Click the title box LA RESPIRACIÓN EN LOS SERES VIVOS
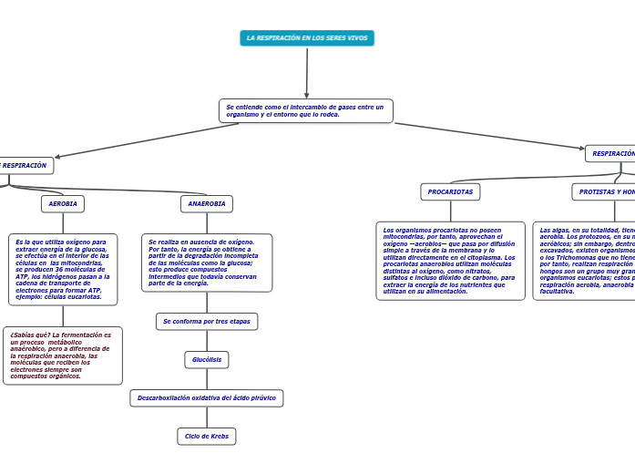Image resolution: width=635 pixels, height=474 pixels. pyautogui.click(x=307, y=38)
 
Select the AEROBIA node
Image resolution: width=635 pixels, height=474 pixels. pyautogui.click(x=63, y=203)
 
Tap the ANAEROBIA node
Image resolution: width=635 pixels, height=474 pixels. pyautogui.click(x=207, y=203)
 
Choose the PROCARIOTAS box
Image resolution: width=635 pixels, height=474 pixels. pyautogui.click(x=450, y=191)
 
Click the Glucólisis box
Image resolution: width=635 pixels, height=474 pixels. pyautogui.click(x=207, y=360)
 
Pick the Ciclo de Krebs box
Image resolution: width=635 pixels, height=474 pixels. pyautogui.click(x=207, y=437)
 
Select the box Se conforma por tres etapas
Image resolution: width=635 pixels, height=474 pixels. pyautogui.click(x=207, y=322)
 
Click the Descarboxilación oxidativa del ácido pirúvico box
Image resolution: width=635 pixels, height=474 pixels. pyautogui.click(x=207, y=398)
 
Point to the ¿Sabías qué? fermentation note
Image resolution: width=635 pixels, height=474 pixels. pyautogui.click(x=62, y=355)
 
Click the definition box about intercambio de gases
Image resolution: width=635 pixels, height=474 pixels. pyautogui.click(x=306, y=111)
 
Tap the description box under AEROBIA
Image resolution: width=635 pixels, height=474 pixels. pyautogui.click(x=63, y=270)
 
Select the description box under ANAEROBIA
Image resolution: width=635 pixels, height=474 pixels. pyautogui.click(x=207, y=263)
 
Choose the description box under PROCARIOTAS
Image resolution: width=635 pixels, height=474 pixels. pyautogui.click(x=450, y=261)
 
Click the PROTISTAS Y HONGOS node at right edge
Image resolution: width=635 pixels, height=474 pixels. pyautogui.click(x=605, y=191)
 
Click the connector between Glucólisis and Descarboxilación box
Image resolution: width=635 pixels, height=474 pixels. pyautogui.click(x=207, y=379)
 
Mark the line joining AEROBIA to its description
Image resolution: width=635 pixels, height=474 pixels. pyautogui.click(x=63, y=223)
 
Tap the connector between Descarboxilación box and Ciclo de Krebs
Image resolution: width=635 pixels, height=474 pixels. pyautogui.click(x=207, y=417)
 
